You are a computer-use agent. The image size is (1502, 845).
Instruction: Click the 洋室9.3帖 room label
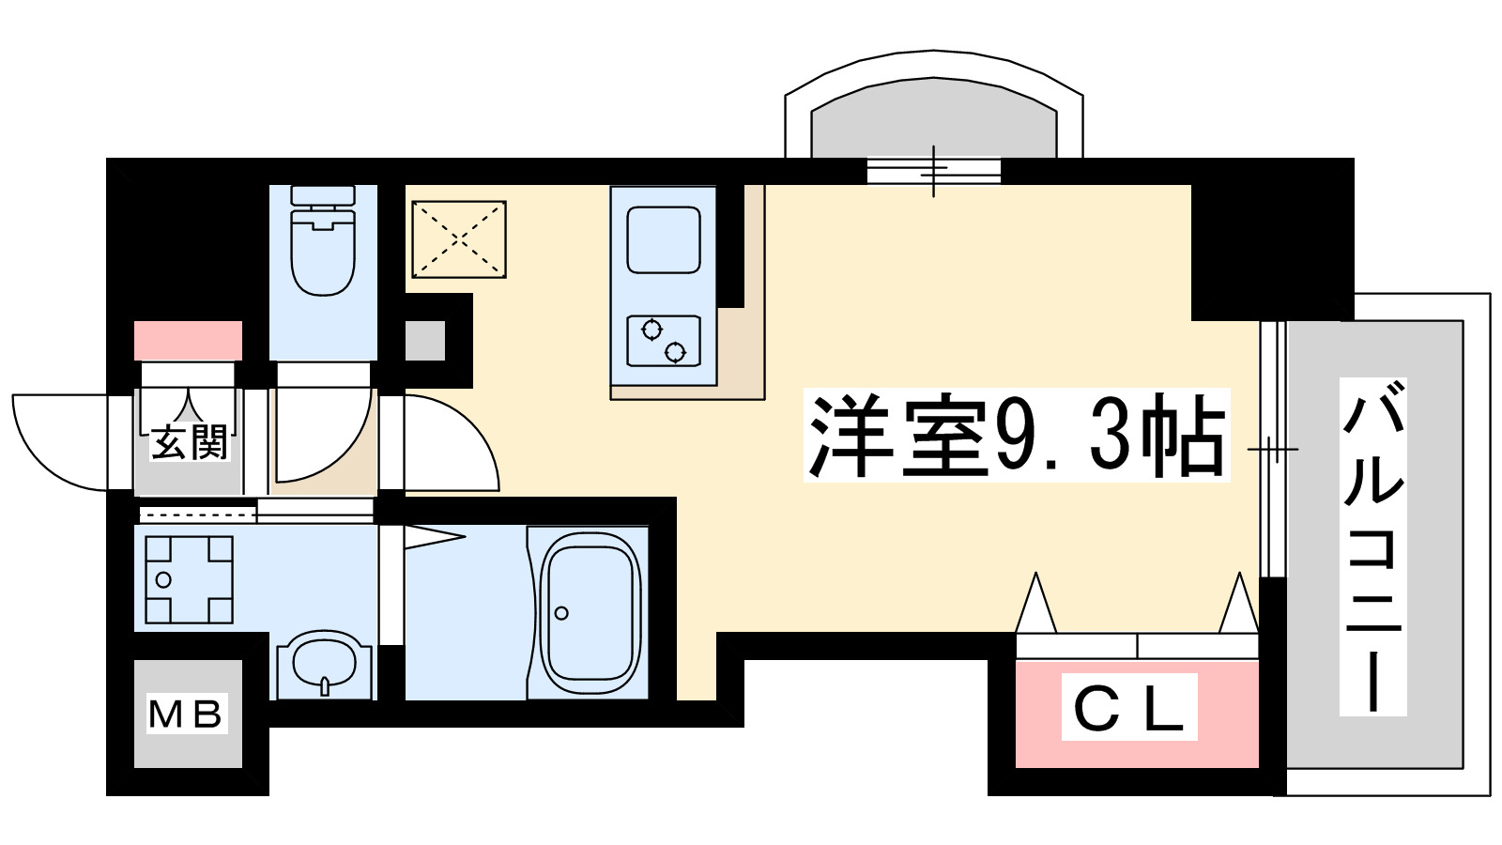1017,436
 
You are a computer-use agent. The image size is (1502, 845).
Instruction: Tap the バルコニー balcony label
1372,546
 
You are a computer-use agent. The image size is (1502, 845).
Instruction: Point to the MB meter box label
186,714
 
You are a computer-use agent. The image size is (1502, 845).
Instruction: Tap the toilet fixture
323,242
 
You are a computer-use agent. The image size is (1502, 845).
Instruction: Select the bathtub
589,614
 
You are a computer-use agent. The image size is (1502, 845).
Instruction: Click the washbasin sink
325,665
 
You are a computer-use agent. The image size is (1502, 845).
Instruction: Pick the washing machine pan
189,579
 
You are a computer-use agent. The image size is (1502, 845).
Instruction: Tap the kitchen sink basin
663,239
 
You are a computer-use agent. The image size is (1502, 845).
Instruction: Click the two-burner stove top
663,341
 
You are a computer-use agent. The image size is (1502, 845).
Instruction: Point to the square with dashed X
459,238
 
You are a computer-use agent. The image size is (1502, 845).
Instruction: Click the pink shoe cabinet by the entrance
188,340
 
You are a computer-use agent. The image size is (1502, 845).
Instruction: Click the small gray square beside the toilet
425,340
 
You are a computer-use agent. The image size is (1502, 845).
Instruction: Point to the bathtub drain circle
561,613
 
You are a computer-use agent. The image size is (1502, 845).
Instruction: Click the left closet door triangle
1036,606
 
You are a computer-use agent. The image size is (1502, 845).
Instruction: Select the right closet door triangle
1238,606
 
